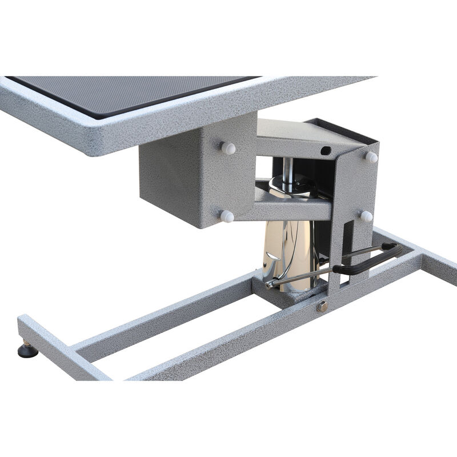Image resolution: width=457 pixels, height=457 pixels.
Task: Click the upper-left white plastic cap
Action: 228,149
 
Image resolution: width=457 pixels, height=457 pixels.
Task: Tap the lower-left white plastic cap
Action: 227,216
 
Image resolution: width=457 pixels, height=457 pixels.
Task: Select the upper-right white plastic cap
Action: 371,157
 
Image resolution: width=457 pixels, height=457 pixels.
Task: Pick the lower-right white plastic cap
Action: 366,216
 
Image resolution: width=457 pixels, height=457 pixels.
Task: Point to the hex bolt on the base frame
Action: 323,306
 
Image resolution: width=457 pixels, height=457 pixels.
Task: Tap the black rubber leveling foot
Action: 27,350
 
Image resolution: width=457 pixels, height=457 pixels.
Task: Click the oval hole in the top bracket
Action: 326,151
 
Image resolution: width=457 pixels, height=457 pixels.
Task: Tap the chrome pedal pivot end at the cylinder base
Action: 271,283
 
